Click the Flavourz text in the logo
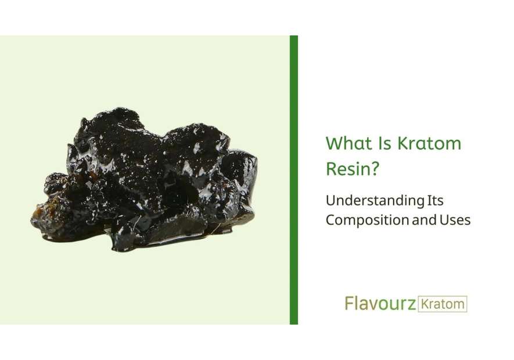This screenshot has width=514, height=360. coord(380,303)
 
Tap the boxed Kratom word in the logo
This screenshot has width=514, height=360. coord(443,304)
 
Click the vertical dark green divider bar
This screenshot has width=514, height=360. coord(294,180)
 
